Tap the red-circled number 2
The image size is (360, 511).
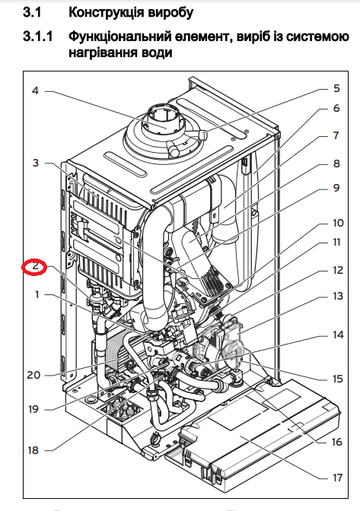pos(35,267)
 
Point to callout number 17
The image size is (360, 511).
pos(336,478)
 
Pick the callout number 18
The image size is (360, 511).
pos(33,450)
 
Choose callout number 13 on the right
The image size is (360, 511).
pos(336,297)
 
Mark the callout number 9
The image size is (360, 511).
pos(336,189)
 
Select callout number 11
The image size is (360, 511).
pos(336,243)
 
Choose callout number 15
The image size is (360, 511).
pos(336,379)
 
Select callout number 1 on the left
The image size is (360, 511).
pos(35,294)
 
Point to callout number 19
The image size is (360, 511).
pos(33,409)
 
